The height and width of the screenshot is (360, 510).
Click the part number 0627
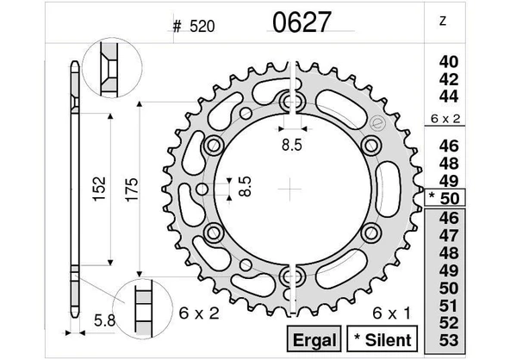[x=301, y=22]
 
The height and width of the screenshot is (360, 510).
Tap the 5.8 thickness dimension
[x=102, y=322]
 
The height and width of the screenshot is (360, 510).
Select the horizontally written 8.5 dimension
[x=292, y=145]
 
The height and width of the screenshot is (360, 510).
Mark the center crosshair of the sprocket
[x=293, y=186]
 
